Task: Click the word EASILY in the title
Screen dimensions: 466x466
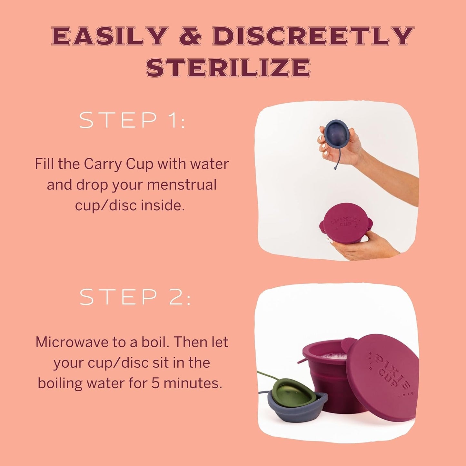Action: pos(109,36)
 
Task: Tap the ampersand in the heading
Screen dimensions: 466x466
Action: pos(190,36)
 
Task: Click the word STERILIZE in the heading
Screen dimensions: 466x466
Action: pos(228,68)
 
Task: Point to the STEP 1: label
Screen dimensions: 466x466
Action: pos(132,120)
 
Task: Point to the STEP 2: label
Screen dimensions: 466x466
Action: pos(135,297)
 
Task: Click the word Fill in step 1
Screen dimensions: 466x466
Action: pos(45,164)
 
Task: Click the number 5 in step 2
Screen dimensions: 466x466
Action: pos(155,383)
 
